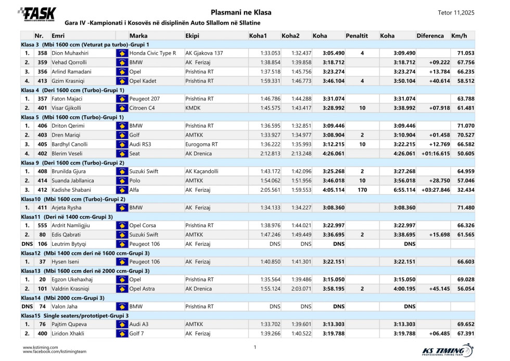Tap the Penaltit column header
(356, 36)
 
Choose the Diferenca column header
(430, 36)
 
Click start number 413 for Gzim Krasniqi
(43, 81)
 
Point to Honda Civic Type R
(152, 53)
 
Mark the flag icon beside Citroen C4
(122, 107)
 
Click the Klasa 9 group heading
(73, 162)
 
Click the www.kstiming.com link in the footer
(40, 346)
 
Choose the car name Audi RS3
(140, 144)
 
